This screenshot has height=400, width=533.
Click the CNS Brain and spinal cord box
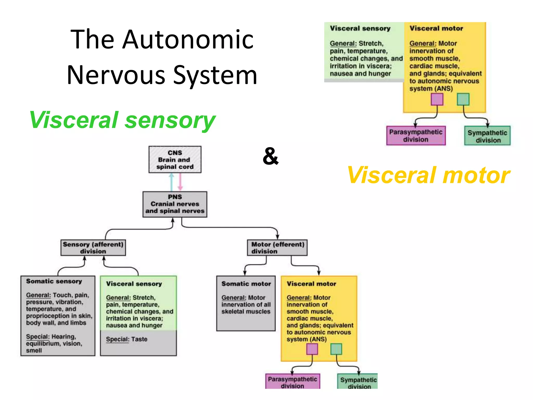pos(175,159)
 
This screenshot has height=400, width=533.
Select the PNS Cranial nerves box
pos(175,204)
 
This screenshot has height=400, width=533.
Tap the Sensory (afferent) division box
pos(93,248)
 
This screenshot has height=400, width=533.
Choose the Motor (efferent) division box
pos(277,248)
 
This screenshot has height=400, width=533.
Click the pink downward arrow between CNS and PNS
pos(180,182)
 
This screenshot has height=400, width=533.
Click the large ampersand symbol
pos(271,156)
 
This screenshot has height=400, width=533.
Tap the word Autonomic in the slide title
pos(188,40)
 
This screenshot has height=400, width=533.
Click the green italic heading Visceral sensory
pos(122,120)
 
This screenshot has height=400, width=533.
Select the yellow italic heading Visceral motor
pos(428,175)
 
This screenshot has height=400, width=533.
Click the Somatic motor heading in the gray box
pos(246,284)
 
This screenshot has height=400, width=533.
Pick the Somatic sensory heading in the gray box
pos(54,281)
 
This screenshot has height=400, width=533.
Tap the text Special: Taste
pos(126,339)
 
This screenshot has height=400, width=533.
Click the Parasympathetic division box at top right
pos(416,136)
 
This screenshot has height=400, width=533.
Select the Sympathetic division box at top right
pos(487,136)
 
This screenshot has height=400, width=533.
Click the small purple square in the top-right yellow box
pos(437,99)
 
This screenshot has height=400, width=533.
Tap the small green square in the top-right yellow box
pos(463,99)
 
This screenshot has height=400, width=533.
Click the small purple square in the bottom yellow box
pos(312,349)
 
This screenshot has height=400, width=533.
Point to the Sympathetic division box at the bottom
pos(358,382)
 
